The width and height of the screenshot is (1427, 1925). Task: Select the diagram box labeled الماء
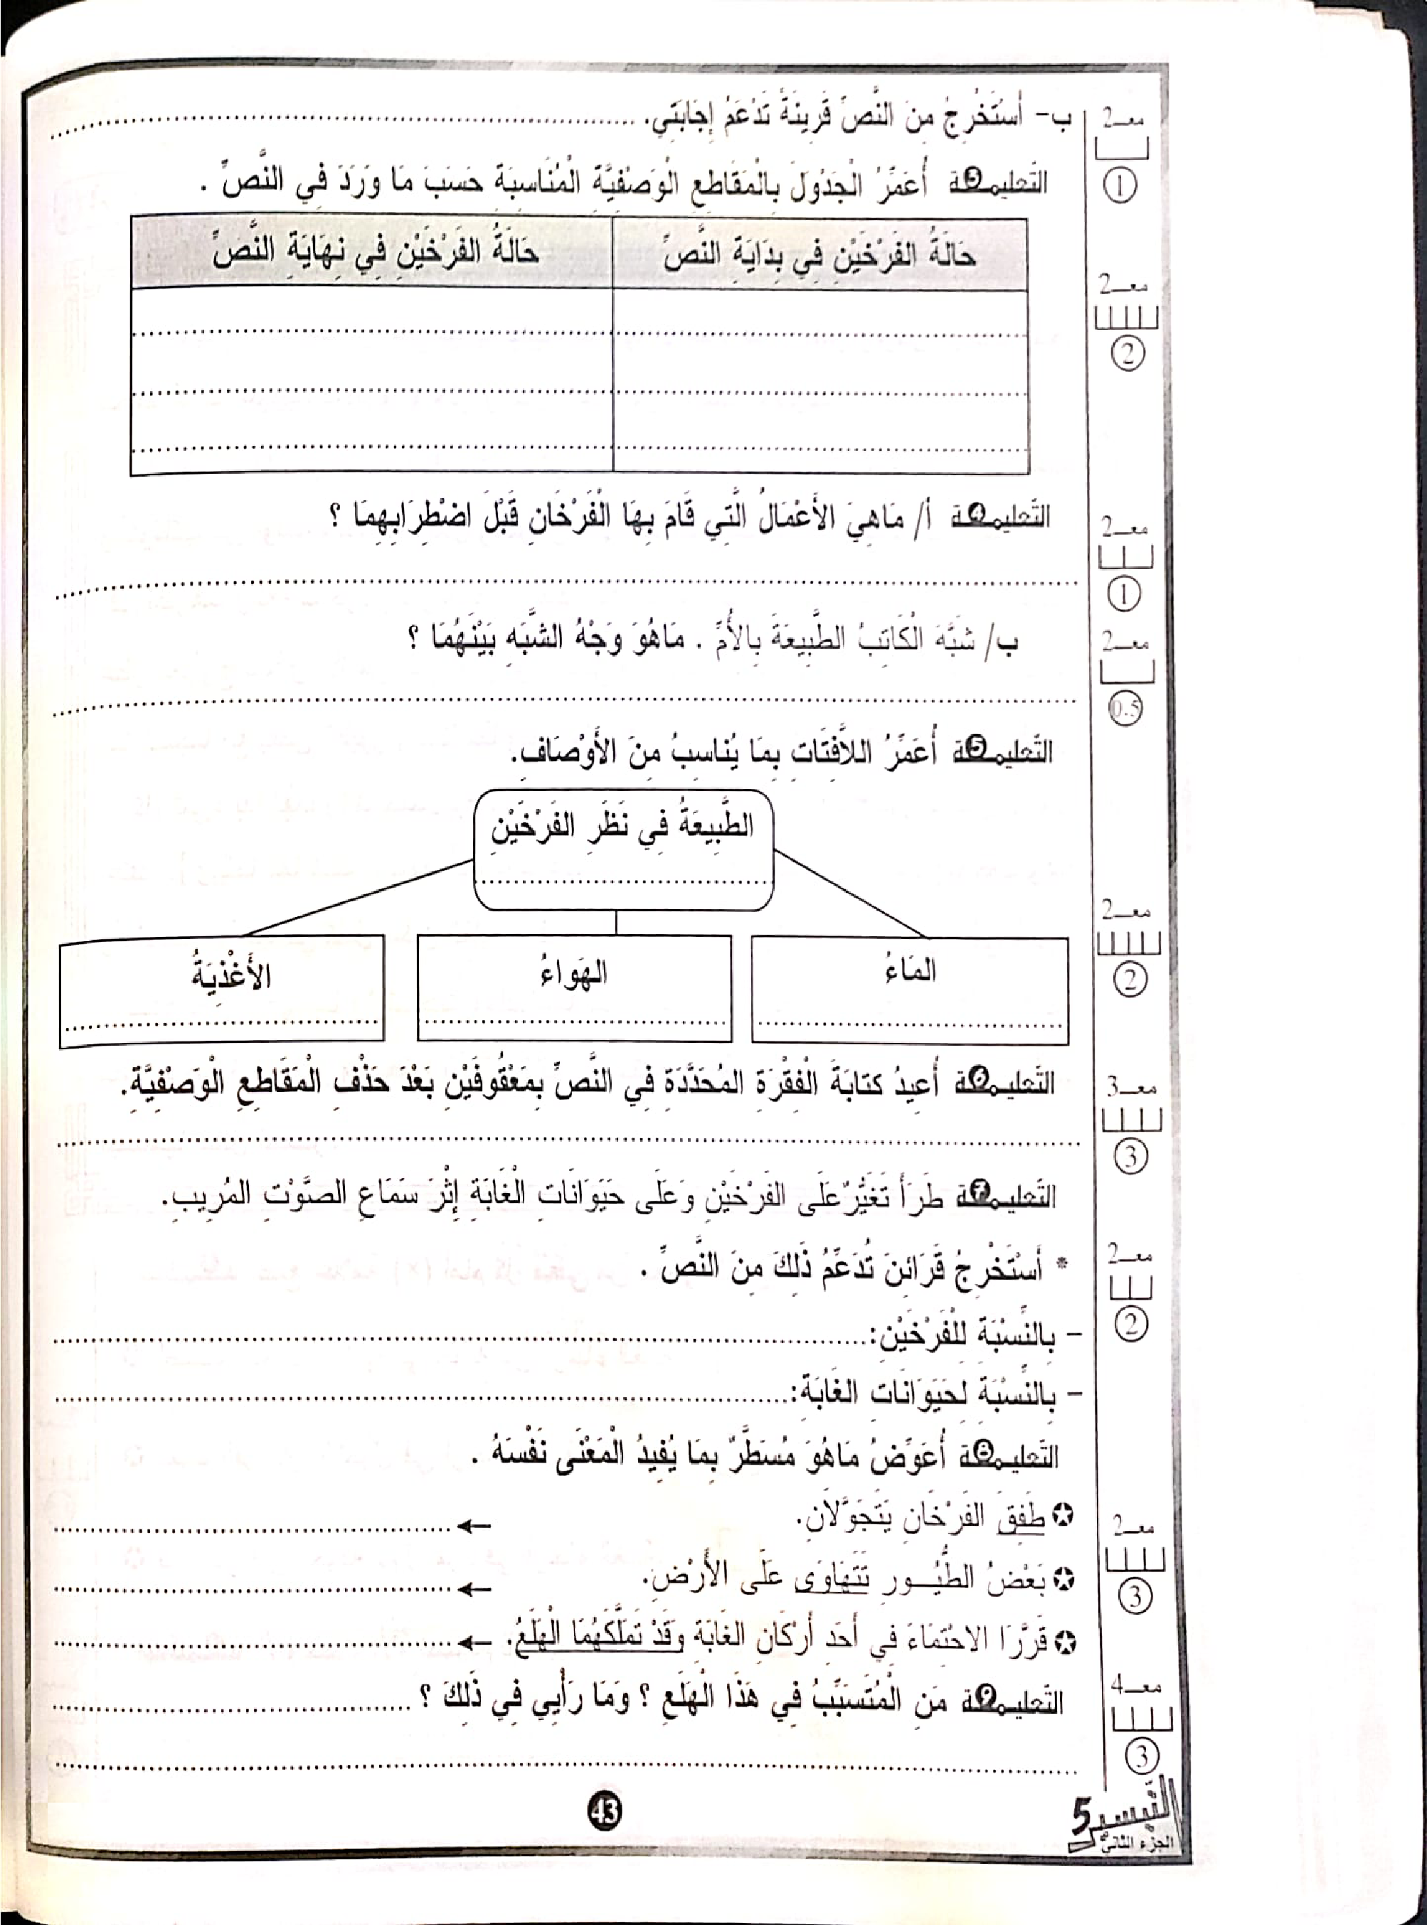(x=910, y=990)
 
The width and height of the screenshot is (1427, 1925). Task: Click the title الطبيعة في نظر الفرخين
(x=622, y=827)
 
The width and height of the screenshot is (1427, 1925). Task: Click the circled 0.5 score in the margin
(x=1125, y=710)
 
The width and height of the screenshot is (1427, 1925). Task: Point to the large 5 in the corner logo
(x=1083, y=1820)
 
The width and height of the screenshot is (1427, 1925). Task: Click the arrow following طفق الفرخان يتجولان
(x=473, y=1527)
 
